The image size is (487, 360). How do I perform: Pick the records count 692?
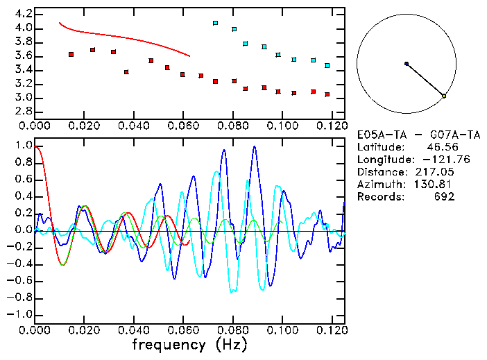coord(444,196)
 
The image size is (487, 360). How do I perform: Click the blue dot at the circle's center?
coord(407,64)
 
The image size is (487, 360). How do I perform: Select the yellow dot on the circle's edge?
coord(444,96)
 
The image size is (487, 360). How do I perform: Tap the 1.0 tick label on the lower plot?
coord(24,146)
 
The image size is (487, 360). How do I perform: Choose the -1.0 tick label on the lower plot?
coord(21,314)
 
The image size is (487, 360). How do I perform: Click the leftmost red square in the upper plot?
coord(71,54)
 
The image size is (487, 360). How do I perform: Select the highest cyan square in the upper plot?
coord(215,23)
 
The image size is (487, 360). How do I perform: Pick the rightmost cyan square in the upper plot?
coord(327,65)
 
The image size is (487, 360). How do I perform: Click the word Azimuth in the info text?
coord(378,184)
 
